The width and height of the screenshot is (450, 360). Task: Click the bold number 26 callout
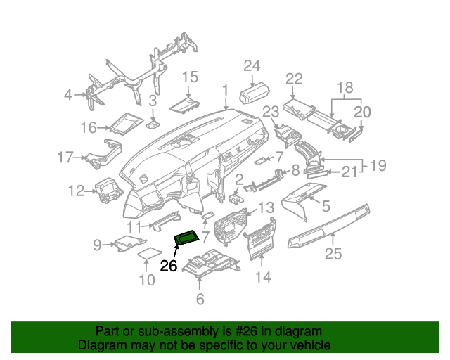tap(169, 266)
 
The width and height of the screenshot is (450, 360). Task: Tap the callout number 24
tap(252, 65)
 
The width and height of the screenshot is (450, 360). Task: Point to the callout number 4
tap(67, 94)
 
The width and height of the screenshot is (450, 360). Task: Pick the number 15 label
tap(191, 77)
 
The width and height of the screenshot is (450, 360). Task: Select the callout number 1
tap(226, 90)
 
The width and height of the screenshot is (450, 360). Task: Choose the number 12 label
tap(76, 190)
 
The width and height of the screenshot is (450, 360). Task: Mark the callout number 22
tap(293, 78)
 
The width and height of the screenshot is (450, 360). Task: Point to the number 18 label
tap(343, 87)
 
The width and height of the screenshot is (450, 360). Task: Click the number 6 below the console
tap(200, 300)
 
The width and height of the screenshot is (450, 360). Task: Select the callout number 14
tap(262, 277)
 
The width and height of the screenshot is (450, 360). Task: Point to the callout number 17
tap(65, 157)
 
